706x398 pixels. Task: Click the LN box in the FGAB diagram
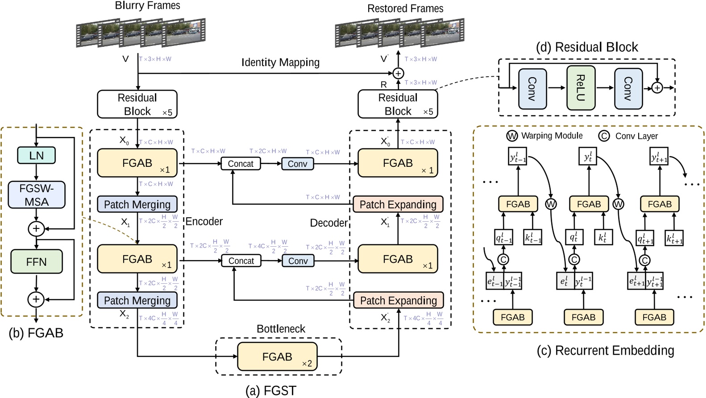click(36, 155)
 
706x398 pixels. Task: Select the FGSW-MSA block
click(37, 195)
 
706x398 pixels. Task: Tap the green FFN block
click(36, 261)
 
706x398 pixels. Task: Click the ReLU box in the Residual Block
click(581, 88)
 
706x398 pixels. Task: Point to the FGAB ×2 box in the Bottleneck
click(277, 357)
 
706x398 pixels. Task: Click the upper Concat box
click(241, 164)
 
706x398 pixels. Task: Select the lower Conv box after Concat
click(298, 261)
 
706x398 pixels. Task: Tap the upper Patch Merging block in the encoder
click(137, 204)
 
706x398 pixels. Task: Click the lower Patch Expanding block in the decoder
click(398, 300)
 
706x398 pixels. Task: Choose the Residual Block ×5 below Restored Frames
click(398, 104)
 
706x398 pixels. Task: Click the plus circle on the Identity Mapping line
click(398, 73)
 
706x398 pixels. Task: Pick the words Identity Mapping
click(280, 62)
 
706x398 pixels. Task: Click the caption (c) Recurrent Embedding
click(605, 350)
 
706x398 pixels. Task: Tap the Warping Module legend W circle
click(512, 136)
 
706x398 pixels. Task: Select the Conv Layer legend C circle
click(604, 136)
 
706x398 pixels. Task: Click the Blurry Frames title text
click(147, 5)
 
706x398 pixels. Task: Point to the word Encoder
click(204, 221)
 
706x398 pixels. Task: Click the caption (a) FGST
click(270, 391)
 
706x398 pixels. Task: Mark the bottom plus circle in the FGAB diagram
click(36, 299)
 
